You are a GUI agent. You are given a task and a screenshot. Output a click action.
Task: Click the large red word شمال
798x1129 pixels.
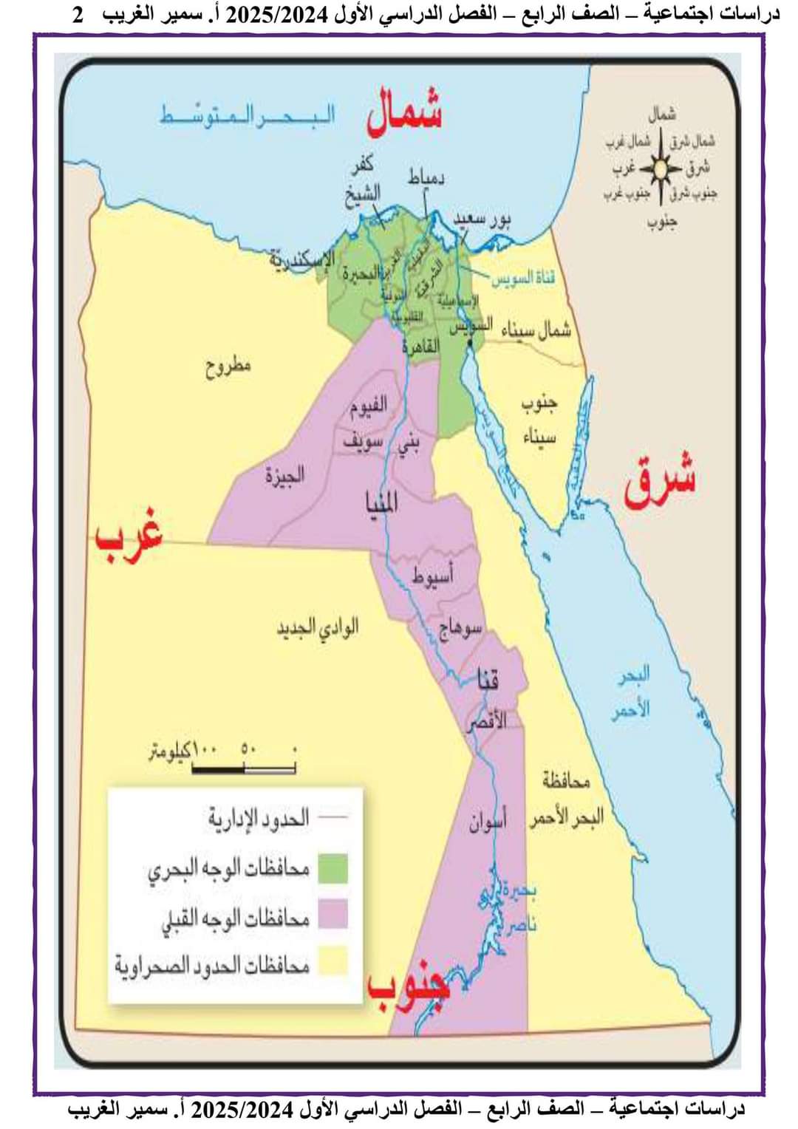(x=403, y=113)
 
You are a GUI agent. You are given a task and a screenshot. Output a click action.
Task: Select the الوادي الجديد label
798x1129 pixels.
(x=318, y=628)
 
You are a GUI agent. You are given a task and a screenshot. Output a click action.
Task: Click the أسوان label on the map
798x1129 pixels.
(x=487, y=822)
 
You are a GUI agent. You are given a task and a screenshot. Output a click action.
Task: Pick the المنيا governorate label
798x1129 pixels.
(x=382, y=502)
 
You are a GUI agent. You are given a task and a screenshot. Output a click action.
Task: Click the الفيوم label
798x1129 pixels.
(x=368, y=406)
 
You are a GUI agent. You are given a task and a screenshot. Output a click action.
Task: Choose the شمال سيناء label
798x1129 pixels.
(x=536, y=330)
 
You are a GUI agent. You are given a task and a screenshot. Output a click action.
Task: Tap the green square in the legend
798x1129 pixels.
(x=332, y=869)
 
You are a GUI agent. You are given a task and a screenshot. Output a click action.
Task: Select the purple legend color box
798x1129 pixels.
(x=332, y=915)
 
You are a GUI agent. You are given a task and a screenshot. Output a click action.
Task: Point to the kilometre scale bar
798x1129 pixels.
(x=244, y=769)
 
